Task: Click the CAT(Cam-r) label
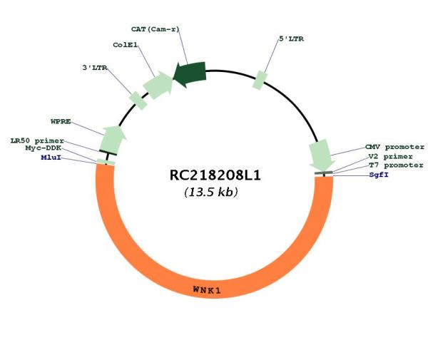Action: (155, 29)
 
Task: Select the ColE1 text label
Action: (126, 45)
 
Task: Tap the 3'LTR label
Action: (95, 68)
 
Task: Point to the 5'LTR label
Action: (291, 39)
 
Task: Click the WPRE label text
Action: (61, 121)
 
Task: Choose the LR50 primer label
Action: (37, 141)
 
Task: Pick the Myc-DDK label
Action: (43, 148)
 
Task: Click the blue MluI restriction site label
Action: (51, 158)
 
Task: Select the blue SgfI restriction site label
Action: (379, 175)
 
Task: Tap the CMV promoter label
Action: (394, 148)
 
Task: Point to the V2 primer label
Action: (390, 157)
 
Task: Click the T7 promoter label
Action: (396, 165)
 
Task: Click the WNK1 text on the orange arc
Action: (207, 289)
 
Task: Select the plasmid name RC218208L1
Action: (215, 175)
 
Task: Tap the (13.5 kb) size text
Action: (211, 192)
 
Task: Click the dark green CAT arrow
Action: (190, 74)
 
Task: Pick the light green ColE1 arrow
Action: (158, 85)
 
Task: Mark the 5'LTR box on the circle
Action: (260, 80)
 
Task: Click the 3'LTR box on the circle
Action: (138, 101)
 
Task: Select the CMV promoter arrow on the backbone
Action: (322, 155)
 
